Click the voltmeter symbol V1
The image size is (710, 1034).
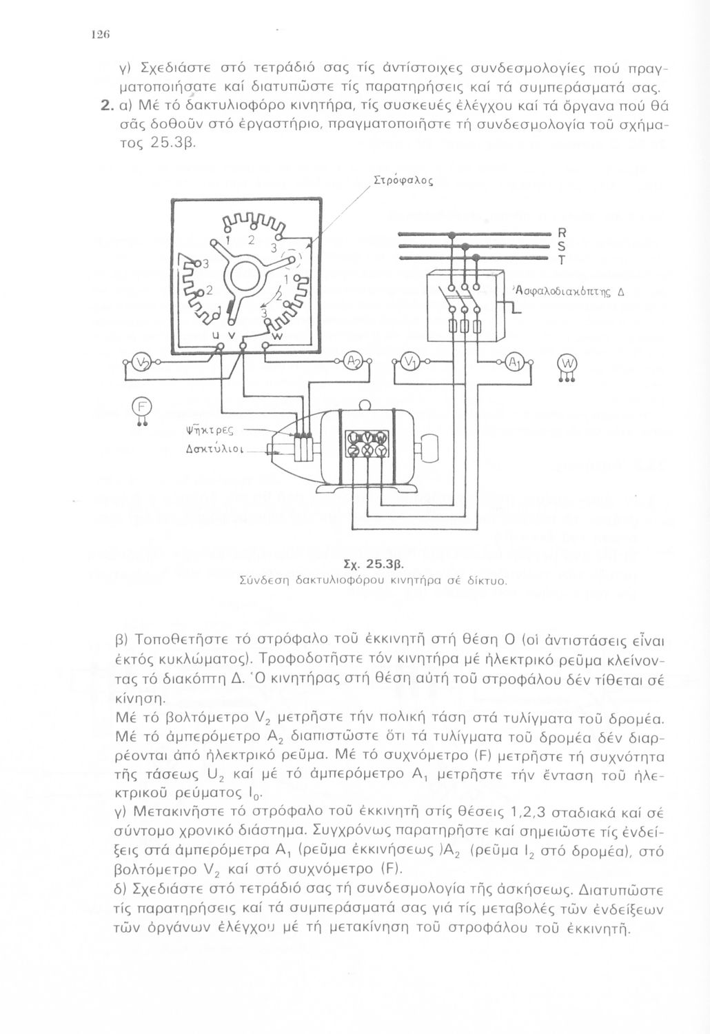pos(409,363)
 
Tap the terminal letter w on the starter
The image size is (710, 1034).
pos(277,336)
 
